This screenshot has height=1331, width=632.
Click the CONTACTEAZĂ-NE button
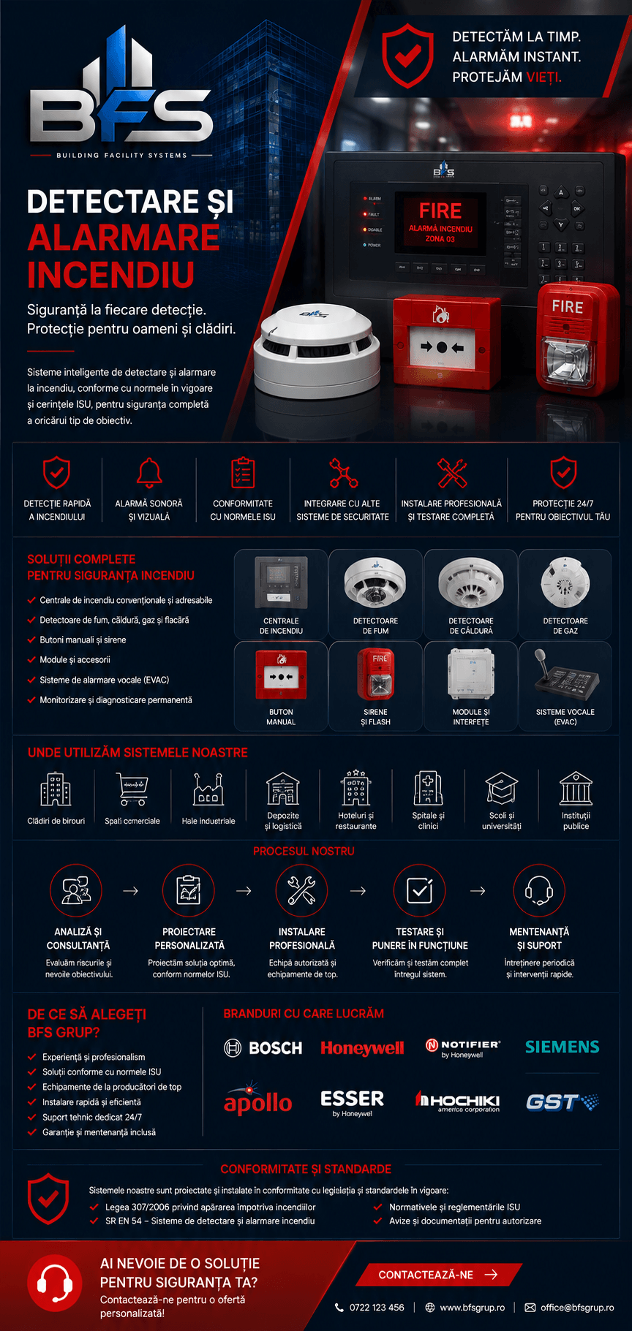click(438, 1275)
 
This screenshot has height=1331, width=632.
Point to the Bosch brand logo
click(263, 1048)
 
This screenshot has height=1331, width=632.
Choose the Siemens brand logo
click(562, 1047)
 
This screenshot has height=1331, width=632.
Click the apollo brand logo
click(257, 1100)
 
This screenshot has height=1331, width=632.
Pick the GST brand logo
click(562, 1102)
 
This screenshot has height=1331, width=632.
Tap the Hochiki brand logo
click(458, 1101)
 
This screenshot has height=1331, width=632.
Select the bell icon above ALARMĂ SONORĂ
click(149, 473)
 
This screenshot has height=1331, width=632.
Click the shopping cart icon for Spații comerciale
click(132, 789)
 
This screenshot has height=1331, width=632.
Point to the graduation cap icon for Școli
click(502, 789)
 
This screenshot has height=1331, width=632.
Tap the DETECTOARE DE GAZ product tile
click(565, 595)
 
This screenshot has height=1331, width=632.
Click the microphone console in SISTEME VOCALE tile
click(565, 677)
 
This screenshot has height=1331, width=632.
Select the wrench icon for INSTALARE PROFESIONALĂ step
click(301, 890)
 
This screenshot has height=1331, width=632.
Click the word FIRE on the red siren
click(568, 307)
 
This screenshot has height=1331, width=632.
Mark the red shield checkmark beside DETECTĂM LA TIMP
click(407, 56)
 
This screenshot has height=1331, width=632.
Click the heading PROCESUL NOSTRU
click(304, 852)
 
